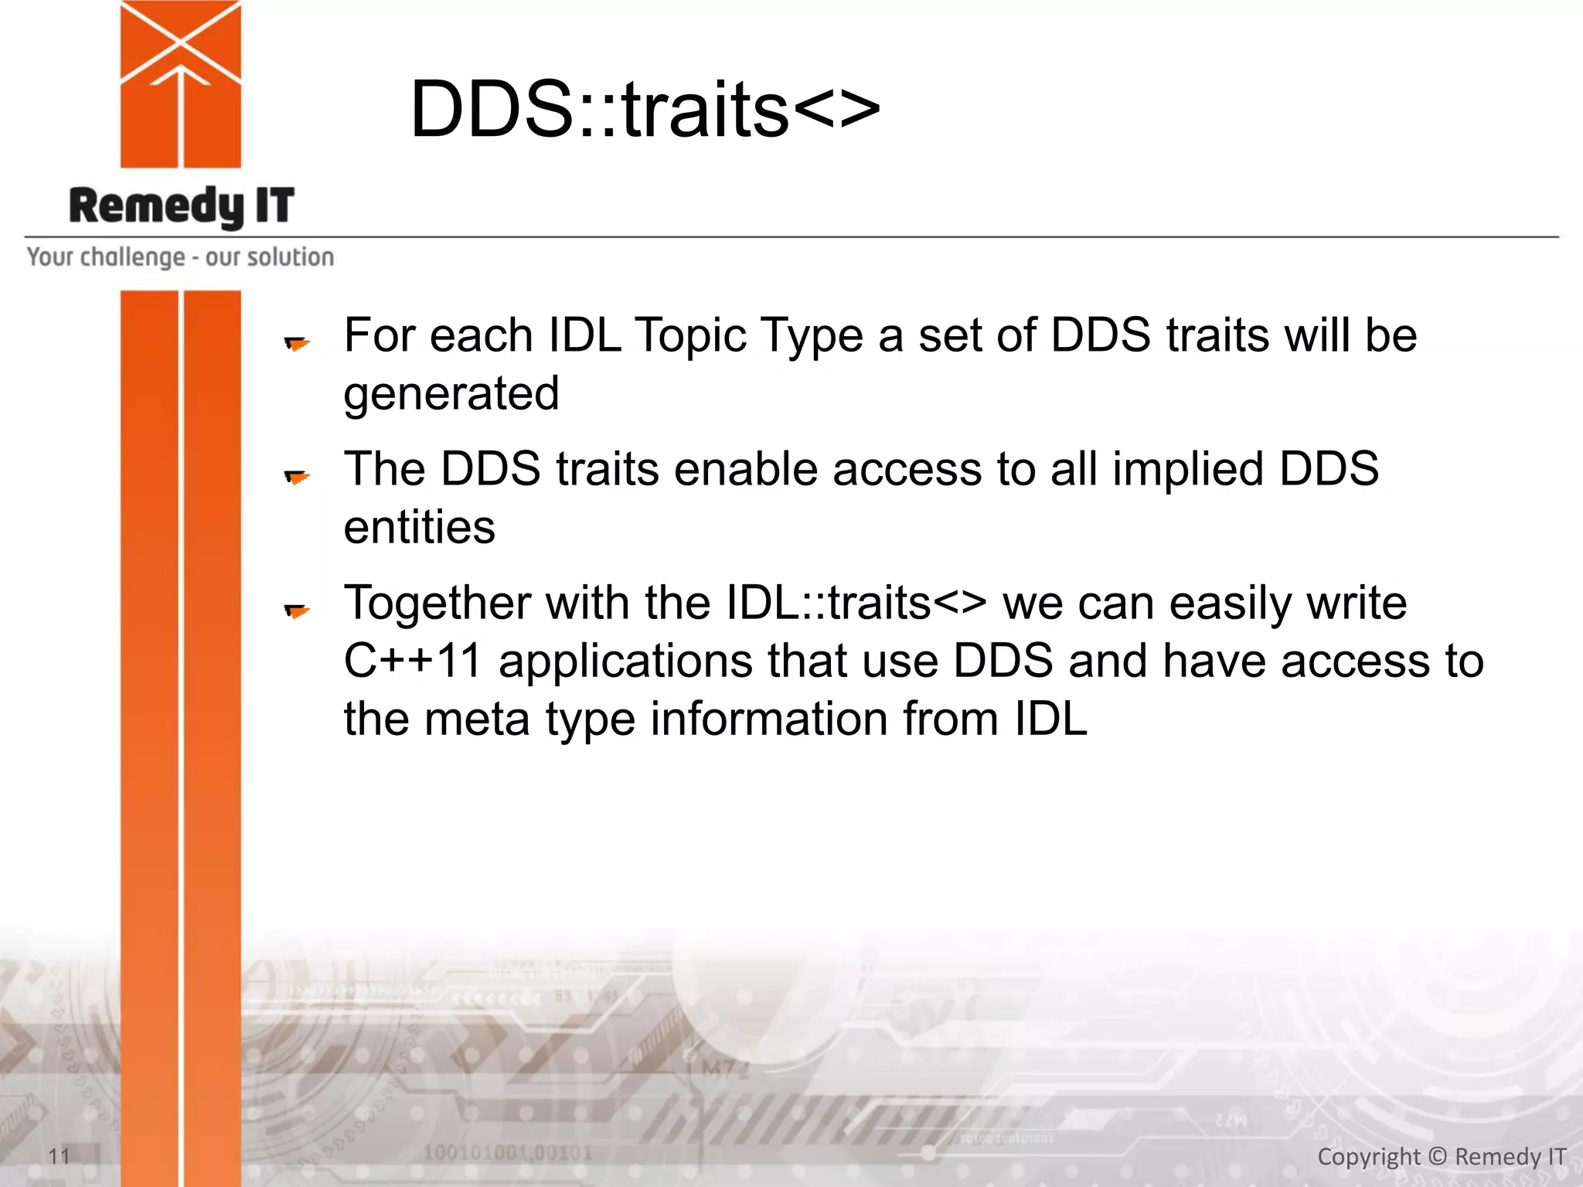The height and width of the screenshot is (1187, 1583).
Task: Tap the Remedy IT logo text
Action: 182,206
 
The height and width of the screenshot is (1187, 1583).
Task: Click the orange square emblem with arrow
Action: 181,85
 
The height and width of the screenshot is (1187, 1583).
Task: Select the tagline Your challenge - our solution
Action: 180,257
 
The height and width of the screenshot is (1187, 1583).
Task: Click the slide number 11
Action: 59,1156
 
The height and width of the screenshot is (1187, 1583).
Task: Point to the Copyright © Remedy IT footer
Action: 1441,1156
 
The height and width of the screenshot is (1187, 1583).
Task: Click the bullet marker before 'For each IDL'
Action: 297,342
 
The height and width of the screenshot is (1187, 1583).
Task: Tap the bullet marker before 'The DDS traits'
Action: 297,477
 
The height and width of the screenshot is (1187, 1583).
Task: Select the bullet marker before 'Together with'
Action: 297,611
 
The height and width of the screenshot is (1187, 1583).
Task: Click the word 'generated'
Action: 451,394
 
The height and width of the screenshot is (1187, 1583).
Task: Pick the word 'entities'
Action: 419,528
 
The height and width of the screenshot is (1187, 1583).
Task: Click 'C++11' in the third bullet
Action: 413,662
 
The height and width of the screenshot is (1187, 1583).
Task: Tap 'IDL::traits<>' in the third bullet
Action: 856,603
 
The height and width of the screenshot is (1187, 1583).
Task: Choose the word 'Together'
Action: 437,603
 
